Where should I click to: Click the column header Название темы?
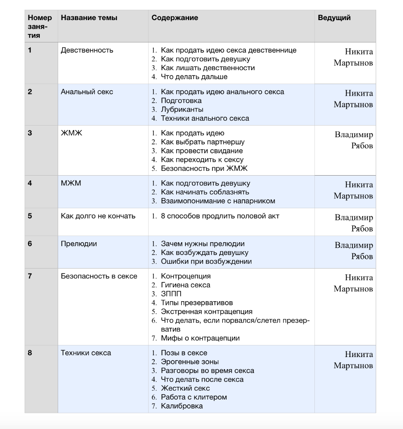click(89, 18)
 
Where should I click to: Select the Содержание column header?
click(174, 18)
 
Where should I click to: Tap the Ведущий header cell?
click(334, 18)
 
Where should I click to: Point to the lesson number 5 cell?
click(30, 216)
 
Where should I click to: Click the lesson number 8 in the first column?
click(30, 353)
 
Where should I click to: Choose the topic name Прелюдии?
click(79, 244)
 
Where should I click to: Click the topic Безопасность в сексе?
click(99, 276)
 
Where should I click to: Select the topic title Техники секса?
click(86, 353)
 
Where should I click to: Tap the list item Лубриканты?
click(182, 109)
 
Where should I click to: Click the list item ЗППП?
click(170, 294)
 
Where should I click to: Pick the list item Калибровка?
click(182, 406)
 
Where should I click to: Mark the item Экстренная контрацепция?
click(206, 311)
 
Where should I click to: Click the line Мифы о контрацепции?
click(200, 338)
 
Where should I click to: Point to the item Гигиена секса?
click(185, 285)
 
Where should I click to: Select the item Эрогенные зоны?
click(190, 362)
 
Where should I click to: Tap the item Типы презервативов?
click(197, 303)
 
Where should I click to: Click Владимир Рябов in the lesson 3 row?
click(353, 140)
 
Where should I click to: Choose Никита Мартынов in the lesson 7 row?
click(353, 283)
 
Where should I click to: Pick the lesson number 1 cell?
click(30, 50)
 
